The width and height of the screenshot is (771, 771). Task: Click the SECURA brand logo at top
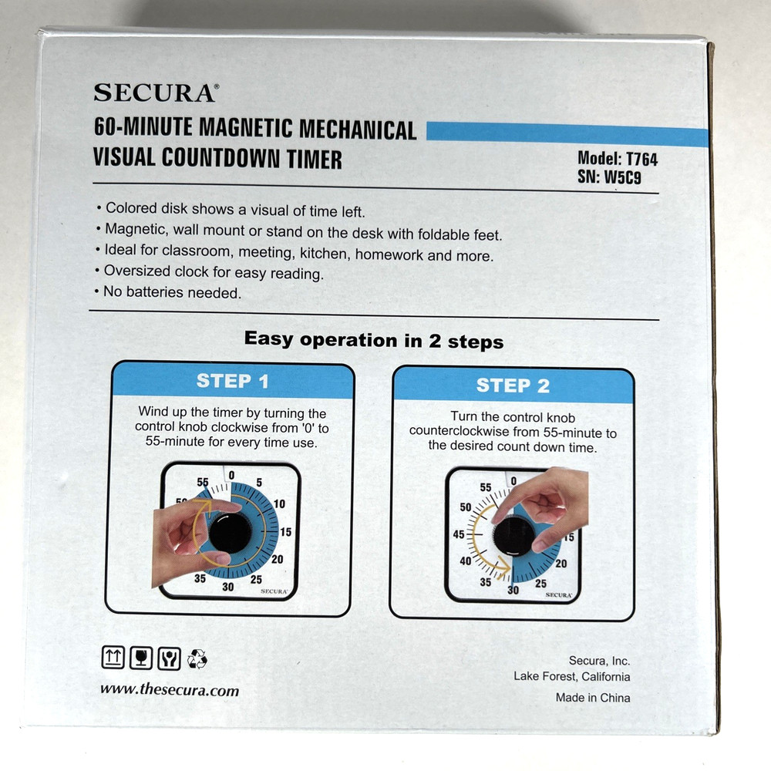(155, 93)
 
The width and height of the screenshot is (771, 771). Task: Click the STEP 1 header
(232, 381)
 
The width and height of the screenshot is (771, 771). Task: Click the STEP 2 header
(512, 385)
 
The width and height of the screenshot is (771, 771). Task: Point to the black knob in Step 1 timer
(229, 531)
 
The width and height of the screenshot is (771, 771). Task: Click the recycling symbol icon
(197, 658)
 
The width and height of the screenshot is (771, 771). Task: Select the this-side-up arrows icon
(113, 658)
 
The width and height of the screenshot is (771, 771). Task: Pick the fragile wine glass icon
(140, 658)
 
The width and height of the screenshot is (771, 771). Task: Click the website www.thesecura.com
(170, 690)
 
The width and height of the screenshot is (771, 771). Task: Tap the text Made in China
(592, 698)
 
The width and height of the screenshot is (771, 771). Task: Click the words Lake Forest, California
(571, 677)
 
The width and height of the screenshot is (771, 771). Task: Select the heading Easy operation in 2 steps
(373, 340)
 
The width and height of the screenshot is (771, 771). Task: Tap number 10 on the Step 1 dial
(279, 504)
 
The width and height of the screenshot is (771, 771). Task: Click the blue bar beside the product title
(567, 133)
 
